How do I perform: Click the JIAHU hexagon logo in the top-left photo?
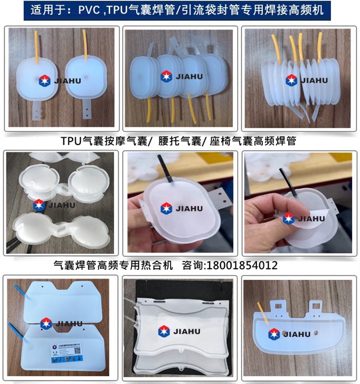(45, 81)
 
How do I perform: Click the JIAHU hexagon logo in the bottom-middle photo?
(165, 332)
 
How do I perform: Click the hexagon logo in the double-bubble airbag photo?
(38, 205)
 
